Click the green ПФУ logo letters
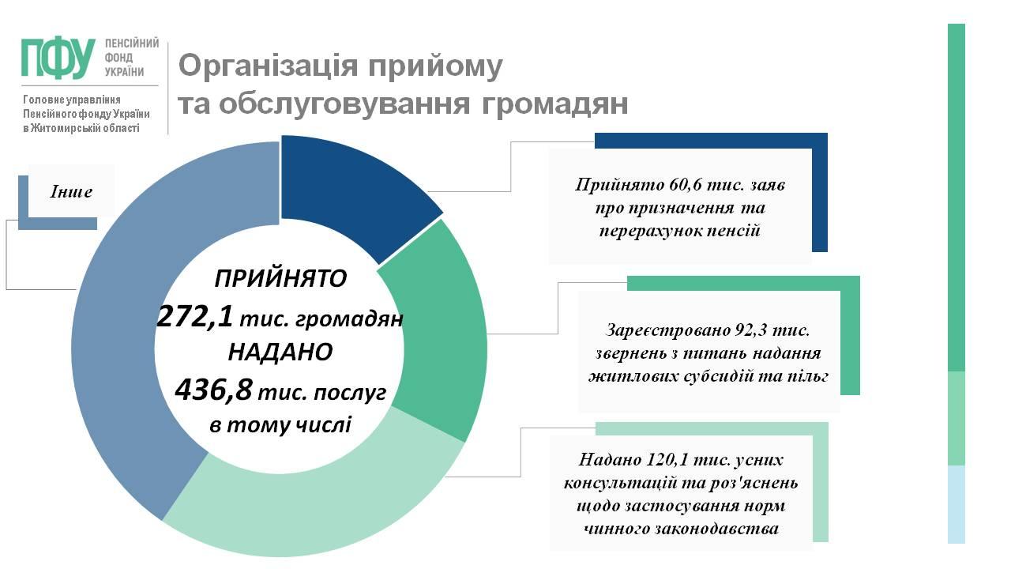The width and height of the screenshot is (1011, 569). pos(58,58)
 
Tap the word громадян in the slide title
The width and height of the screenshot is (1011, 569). pos(554,104)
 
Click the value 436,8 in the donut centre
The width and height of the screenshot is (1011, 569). pos(213,390)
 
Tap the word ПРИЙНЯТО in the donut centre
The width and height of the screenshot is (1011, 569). pos(280,278)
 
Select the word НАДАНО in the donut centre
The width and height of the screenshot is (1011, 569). pos(280,352)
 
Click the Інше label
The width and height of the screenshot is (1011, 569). pos(71,191)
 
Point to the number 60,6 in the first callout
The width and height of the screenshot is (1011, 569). pos(682,184)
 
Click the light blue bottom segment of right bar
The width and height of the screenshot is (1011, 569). pos(956,504)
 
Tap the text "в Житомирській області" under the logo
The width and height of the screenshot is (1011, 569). pos(81,128)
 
